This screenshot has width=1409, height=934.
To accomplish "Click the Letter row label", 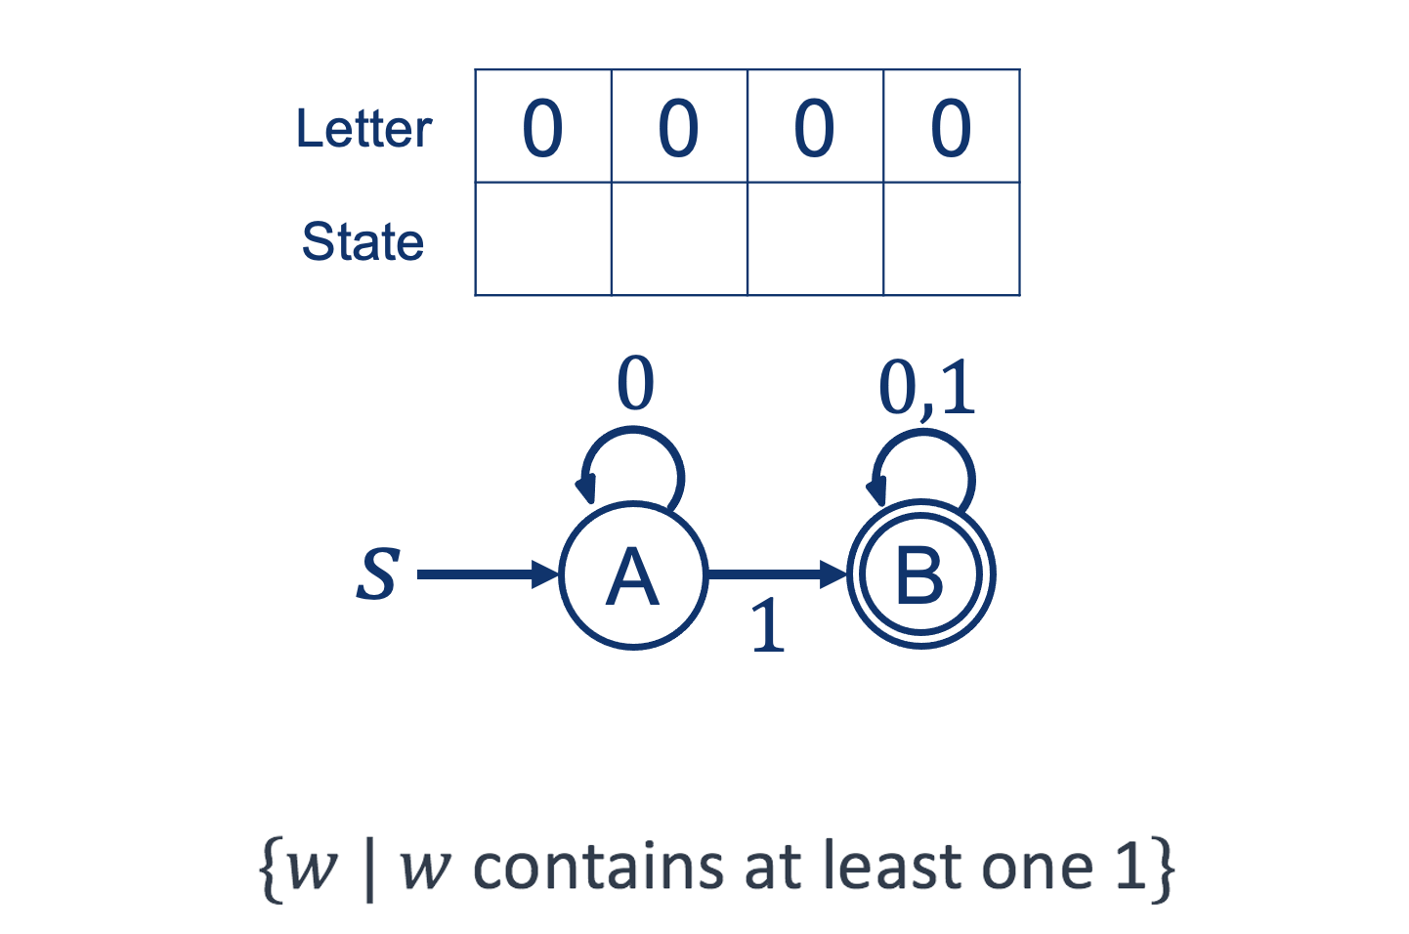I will point(363,129).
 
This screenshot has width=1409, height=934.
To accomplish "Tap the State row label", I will point(363,241).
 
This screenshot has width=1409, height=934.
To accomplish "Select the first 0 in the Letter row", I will point(542,128).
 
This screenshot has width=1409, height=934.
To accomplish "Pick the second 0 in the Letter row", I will point(678,128).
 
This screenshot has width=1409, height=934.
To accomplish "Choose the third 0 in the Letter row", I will point(814,128).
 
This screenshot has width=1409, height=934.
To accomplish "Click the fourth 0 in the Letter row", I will point(951,128).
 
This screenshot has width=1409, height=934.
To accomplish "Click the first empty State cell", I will point(543,238).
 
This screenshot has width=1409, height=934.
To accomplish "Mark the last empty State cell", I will point(952,238).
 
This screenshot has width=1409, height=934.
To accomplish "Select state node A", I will point(633,575).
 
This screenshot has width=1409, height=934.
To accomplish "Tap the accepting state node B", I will point(920,575).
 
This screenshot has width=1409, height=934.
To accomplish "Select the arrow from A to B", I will point(777,574).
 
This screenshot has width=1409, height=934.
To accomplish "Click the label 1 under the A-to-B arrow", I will point(768,626).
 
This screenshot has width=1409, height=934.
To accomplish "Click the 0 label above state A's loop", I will point(635,384).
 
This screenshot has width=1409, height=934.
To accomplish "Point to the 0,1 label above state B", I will point(926,388).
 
